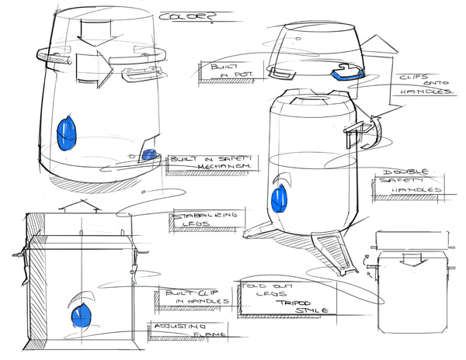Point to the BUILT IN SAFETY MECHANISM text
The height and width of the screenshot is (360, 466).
[217, 161]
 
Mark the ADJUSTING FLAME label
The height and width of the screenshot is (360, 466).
[183, 331]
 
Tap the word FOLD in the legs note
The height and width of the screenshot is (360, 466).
[253, 286]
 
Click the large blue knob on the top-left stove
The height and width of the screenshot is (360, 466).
[68, 133]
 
